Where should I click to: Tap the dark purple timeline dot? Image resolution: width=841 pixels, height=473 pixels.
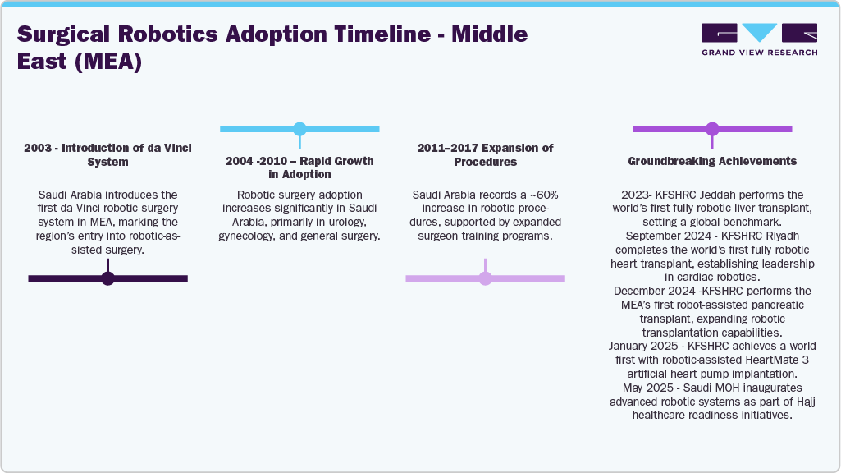click(107, 278)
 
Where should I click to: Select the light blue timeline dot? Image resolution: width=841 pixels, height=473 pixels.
click(299, 129)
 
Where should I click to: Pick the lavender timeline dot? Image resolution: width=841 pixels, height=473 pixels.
click(485, 278)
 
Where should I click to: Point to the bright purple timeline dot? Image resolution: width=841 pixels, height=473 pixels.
click(712, 129)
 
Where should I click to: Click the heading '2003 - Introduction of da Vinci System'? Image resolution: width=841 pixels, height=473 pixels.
click(107, 155)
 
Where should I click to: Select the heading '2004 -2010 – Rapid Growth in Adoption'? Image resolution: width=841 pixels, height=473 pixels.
click(299, 168)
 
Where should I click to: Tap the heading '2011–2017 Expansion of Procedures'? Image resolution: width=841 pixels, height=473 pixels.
click(485, 155)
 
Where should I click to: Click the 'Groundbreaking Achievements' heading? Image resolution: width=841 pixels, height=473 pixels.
click(712, 161)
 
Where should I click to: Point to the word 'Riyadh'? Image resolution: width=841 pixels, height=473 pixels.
click(780, 236)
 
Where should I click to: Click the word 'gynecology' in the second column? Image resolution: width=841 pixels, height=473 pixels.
click(250, 236)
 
